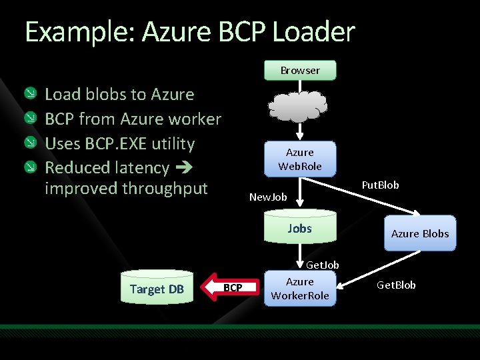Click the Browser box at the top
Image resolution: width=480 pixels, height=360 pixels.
pyautogui.click(x=300, y=70)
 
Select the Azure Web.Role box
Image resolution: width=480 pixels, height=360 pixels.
pyautogui.click(x=299, y=159)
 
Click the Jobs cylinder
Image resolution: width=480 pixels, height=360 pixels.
pyautogui.click(x=299, y=229)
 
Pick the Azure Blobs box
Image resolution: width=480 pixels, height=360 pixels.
pyautogui.click(x=419, y=233)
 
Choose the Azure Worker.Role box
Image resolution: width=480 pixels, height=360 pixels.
pyautogui.click(x=299, y=289)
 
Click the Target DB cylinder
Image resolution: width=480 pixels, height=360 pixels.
pyautogui.click(x=157, y=289)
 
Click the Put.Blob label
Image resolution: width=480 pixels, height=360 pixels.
pyautogui.click(x=380, y=185)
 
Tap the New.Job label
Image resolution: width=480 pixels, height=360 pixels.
pyautogui.click(x=267, y=197)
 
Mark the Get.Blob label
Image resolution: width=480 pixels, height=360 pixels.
pyautogui.click(x=396, y=285)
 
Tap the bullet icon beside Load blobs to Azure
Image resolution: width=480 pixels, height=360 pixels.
pyautogui.click(x=31, y=94)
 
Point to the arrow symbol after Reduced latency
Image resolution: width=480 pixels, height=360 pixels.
pyautogui.click(x=183, y=168)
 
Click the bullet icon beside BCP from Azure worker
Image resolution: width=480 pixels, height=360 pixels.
pyautogui.click(x=31, y=119)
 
